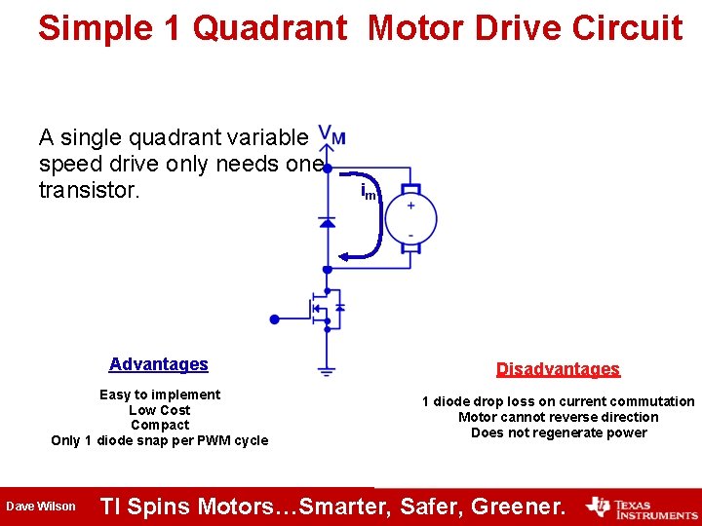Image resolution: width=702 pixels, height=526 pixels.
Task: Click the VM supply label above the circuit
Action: coord(331,137)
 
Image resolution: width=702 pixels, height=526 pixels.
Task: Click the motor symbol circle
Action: coord(410,219)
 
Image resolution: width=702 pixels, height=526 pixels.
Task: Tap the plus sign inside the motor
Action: coord(410,205)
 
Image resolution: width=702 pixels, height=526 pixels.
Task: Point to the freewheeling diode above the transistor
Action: coord(327,222)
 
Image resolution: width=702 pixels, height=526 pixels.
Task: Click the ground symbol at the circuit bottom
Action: coord(327,370)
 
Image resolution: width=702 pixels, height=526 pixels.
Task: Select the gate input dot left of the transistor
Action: coord(275,319)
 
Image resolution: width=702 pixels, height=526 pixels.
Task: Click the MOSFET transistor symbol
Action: coord(326,309)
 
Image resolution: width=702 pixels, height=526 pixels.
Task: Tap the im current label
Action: coord(369,192)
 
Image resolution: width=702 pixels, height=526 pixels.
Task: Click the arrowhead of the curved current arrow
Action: coord(344,257)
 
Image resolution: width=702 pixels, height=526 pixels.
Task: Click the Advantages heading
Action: coord(159,364)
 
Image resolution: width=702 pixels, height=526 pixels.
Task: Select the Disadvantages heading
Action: coord(558,369)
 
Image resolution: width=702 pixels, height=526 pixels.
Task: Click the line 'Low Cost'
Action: coord(160,410)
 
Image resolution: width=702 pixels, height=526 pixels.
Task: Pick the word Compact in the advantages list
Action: coord(160,425)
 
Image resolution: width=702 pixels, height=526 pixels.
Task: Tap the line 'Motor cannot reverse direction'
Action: coord(559,417)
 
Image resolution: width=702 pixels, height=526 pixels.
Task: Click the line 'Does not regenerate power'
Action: coord(559,432)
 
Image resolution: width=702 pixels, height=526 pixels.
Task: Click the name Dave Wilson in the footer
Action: coord(41,507)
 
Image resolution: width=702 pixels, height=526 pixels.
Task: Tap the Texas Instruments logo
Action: coord(642,507)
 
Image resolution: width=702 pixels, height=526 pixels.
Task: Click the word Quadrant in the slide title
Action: coord(270,27)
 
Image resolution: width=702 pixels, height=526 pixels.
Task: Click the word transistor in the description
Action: coord(90,189)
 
